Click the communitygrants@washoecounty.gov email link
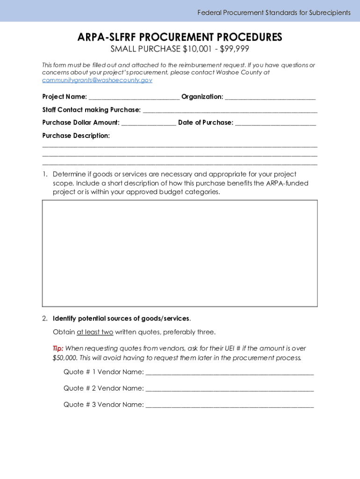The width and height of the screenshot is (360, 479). point(97,80)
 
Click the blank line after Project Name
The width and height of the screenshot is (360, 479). point(134,97)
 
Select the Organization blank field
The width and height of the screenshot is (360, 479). point(270,97)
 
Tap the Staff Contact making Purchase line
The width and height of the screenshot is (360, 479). point(230,110)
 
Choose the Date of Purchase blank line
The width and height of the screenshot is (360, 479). point(275,123)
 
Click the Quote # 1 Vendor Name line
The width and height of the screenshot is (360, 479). point(230,372)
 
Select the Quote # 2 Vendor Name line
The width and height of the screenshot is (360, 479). point(230,389)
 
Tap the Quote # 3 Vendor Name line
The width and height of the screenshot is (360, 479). point(230,405)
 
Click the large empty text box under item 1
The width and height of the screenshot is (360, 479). point(180,253)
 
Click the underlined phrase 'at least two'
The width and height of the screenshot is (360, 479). point(95,332)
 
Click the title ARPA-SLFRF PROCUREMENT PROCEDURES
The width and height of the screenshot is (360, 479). point(180,37)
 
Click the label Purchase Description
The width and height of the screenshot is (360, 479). point(76,136)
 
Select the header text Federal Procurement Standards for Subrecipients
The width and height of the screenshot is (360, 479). point(274,13)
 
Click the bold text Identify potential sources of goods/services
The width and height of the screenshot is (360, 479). point(121,319)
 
